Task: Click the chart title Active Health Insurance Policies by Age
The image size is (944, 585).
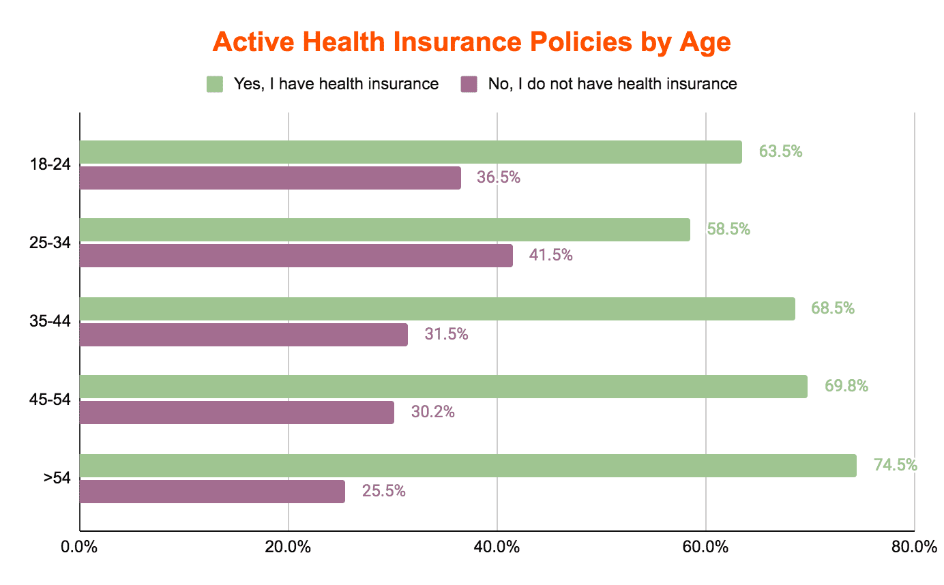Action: coord(471,42)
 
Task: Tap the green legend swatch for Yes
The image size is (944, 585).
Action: coord(214,85)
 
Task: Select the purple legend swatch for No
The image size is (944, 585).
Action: coord(469,85)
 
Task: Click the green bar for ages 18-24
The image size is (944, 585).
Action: coord(411,152)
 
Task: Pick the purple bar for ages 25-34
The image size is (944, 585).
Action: coord(296,256)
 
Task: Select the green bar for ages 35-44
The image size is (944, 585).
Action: coord(437,309)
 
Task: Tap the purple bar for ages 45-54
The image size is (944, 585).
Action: coord(237,412)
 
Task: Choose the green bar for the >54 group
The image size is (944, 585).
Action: coord(468,466)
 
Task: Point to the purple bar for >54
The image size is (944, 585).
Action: coord(212,492)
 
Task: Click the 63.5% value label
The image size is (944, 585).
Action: coord(780,151)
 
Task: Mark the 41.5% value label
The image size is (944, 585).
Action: coord(551,255)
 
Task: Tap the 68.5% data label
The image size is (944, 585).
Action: coord(833,308)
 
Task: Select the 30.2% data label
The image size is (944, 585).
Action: coord(433,412)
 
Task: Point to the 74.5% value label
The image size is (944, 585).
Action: coord(895,464)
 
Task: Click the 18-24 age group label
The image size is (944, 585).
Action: coord(50,164)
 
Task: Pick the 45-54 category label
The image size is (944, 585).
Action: coord(50,400)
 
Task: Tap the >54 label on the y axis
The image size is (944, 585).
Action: coord(57,478)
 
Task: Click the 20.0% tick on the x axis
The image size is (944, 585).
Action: coord(288,547)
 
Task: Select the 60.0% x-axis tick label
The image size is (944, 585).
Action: coord(705,547)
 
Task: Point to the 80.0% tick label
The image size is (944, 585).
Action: coord(915,547)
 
